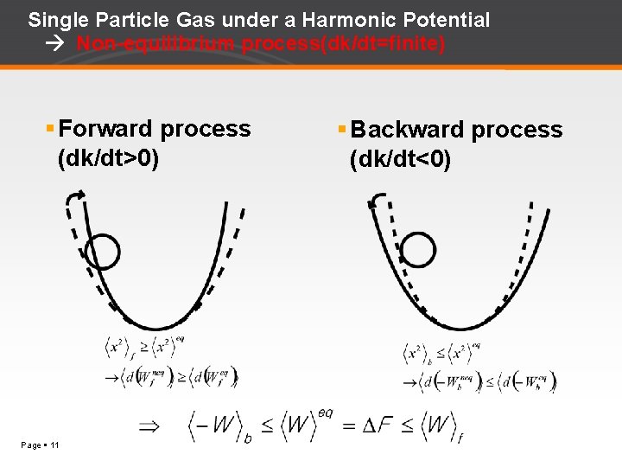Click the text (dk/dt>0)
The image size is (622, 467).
tap(108, 159)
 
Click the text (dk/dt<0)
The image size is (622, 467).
tap(400, 160)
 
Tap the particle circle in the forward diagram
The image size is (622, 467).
tap(103, 253)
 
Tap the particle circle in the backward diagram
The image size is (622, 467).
tap(418, 250)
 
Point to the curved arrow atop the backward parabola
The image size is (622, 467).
tap(375, 201)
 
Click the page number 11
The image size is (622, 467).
tap(54, 445)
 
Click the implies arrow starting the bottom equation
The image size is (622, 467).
tap(149, 425)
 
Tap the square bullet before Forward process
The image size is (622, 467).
tap(50, 129)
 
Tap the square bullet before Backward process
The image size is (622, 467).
tap(342, 130)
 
